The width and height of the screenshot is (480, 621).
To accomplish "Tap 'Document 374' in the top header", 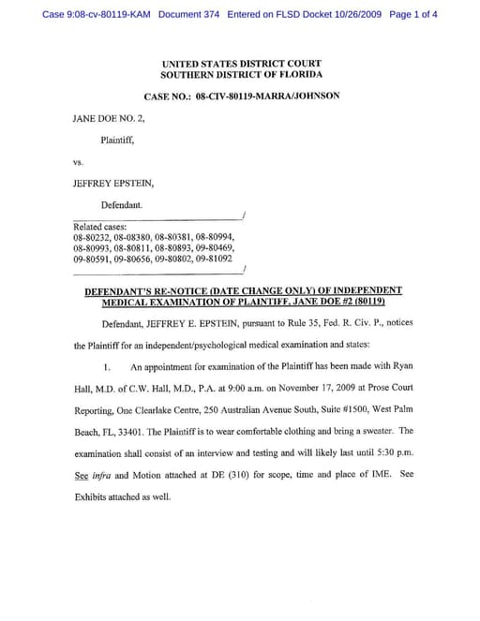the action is (191, 15).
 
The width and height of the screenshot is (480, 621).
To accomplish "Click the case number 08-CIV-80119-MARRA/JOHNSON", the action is (268, 96).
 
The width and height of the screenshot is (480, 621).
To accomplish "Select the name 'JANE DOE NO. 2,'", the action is (107, 120).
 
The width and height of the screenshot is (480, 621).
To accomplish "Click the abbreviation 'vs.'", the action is (79, 162).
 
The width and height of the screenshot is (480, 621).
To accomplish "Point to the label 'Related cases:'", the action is (98, 228).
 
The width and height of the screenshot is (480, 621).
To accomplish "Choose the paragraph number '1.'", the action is (110, 367).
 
